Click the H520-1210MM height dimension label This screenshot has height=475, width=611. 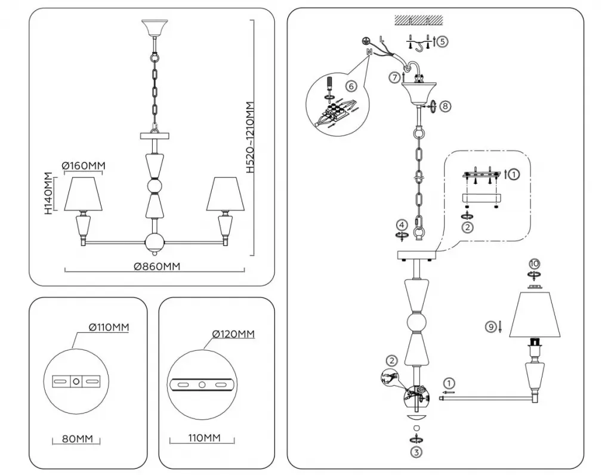(x=251, y=137)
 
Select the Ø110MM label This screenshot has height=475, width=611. (x=109, y=327)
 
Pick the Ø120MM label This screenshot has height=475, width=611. (x=233, y=334)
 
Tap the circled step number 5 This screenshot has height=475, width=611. (x=442, y=42)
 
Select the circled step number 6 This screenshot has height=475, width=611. (x=351, y=86)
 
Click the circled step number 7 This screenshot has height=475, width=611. (x=393, y=78)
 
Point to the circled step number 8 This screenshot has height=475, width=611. (x=446, y=106)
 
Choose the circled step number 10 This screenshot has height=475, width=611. (x=534, y=263)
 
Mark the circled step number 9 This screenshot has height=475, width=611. (x=490, y=326)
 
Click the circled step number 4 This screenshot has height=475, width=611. (x=403, y=226)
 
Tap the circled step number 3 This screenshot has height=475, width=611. (x=416, y=452)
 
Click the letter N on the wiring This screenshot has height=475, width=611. (x=369, y=53)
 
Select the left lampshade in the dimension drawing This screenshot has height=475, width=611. (x=83, y=193)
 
